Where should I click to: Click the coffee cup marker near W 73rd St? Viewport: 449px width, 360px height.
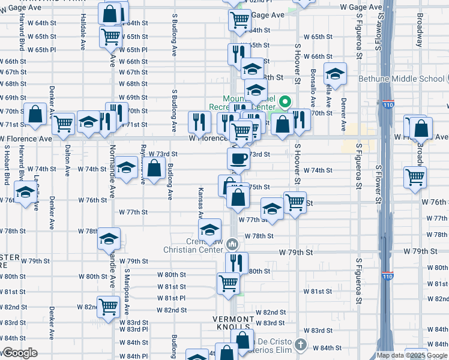click(239, 158)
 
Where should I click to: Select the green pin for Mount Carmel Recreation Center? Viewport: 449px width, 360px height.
click(286, 101)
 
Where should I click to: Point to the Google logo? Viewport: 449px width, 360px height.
click(19, 353)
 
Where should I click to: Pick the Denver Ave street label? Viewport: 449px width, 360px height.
click(344, 114)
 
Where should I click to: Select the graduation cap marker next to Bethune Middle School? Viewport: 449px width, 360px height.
click(335, 74)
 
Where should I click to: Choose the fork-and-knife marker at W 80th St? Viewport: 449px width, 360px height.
click(237, 262)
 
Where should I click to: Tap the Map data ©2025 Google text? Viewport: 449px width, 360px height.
click(412, 355)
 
